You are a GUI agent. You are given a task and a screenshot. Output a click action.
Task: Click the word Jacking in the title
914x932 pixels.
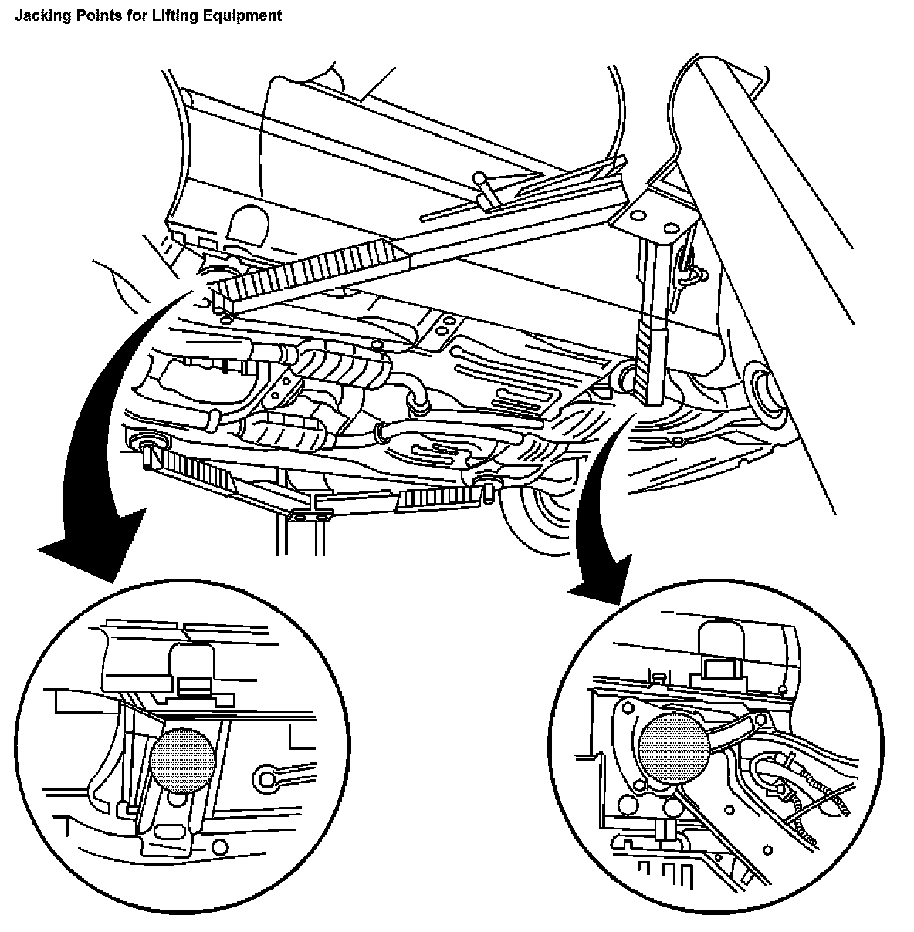[37, 15]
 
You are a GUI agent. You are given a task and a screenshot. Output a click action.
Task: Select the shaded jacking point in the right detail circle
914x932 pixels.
[673, 745]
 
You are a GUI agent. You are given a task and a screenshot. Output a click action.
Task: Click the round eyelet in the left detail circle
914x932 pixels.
[267, 775]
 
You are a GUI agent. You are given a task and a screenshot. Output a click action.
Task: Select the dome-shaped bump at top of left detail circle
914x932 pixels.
[194, 660]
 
